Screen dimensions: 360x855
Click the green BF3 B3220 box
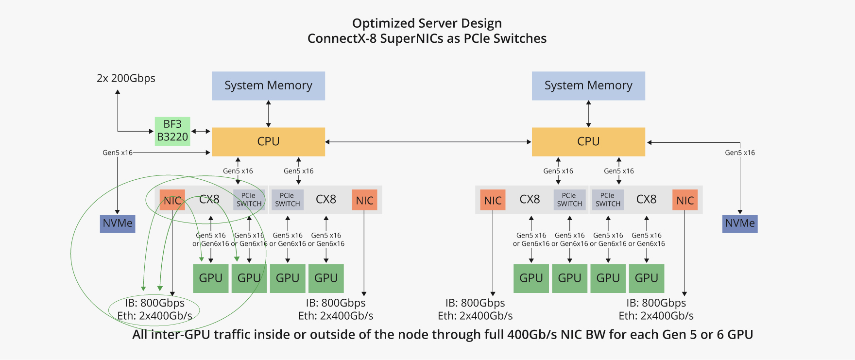point(172,131)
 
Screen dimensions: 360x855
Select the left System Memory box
point(268,86)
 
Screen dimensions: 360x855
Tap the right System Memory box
point(588,86)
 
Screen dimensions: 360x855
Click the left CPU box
point(268,141)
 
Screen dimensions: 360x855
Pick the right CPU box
point(588,141)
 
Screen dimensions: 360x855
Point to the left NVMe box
point(118,223)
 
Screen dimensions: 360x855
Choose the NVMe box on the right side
point(739,223)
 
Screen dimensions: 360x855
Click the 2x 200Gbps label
point(126,78)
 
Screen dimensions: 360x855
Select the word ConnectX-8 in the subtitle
point(342,38)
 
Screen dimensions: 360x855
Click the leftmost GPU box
point(210,278)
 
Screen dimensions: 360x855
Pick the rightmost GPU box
point(646,278)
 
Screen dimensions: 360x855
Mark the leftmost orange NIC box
point(172,200)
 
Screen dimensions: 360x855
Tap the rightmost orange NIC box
point(685,200)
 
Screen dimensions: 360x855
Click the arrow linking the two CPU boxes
point(428,142)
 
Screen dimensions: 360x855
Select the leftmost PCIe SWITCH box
point(249,200)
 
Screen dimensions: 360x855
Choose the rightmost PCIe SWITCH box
point(608,200)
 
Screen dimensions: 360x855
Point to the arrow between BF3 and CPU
point(201,131)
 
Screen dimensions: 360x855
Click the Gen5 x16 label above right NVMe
point(739,153)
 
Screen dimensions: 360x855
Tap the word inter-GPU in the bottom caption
point(180,335)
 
